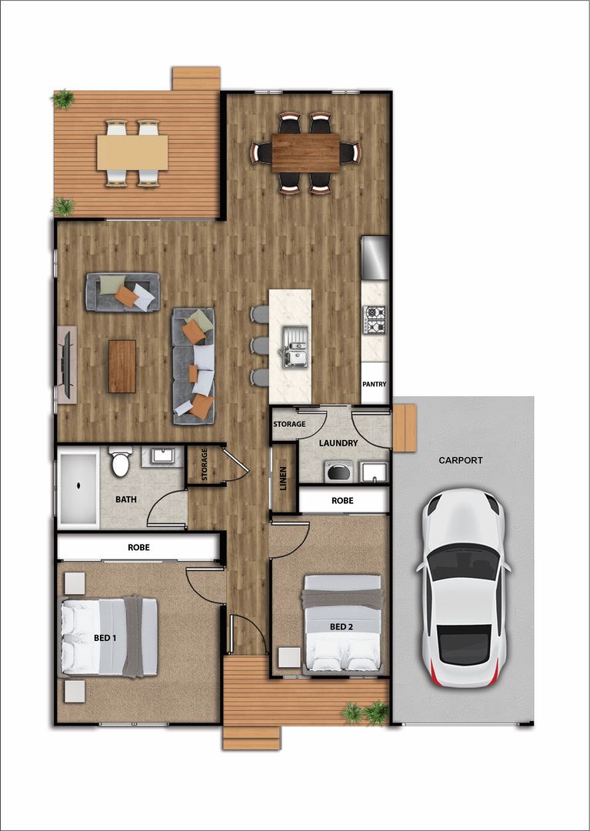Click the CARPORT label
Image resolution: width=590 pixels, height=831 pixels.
point(461,460)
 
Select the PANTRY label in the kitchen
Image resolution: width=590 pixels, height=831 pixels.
point(375,385)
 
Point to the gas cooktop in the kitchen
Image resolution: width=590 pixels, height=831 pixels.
point(375,319)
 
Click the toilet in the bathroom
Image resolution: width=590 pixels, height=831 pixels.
point(121,462)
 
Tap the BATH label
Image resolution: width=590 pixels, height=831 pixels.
point(126,499)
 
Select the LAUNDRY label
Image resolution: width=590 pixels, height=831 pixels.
point(338,443)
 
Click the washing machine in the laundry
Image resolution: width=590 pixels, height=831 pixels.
point(337,472)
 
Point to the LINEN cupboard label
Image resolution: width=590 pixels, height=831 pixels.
point(284,478)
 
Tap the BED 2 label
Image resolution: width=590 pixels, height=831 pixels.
point(342,626)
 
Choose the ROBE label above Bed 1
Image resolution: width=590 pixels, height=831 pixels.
point(138,548)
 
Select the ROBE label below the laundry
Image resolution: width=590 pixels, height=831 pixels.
point(342,500)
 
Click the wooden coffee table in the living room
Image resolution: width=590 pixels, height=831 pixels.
point(122,366)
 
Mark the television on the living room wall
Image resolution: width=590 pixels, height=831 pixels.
point(67,364)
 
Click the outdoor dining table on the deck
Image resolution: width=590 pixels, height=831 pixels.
point(132,152)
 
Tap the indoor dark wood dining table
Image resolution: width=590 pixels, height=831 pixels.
point(305,153)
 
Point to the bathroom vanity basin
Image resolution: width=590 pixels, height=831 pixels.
point(162,456)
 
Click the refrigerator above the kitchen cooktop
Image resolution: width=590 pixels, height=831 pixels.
point(375,258)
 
